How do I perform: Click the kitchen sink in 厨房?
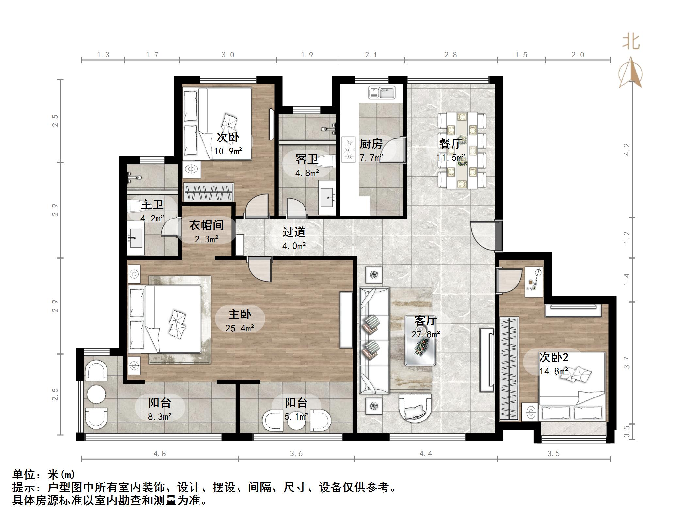[382, 92]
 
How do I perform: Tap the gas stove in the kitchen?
[348, 149]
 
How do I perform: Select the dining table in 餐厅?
[462, 150]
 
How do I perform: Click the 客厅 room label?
[425, 320]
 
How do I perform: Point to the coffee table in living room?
[420, 340]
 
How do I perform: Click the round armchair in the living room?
[415, 408]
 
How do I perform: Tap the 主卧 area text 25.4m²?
[240, 328]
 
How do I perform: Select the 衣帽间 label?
[206, 225]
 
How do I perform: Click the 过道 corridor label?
[294, 232]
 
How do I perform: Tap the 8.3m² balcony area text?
[160, 416]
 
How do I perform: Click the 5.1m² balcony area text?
[296, 416]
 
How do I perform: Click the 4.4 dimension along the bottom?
[426, 453]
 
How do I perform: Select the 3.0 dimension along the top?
[228, 55]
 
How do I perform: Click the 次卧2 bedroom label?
[553, 357]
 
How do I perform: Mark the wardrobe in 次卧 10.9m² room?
[208, 192]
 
